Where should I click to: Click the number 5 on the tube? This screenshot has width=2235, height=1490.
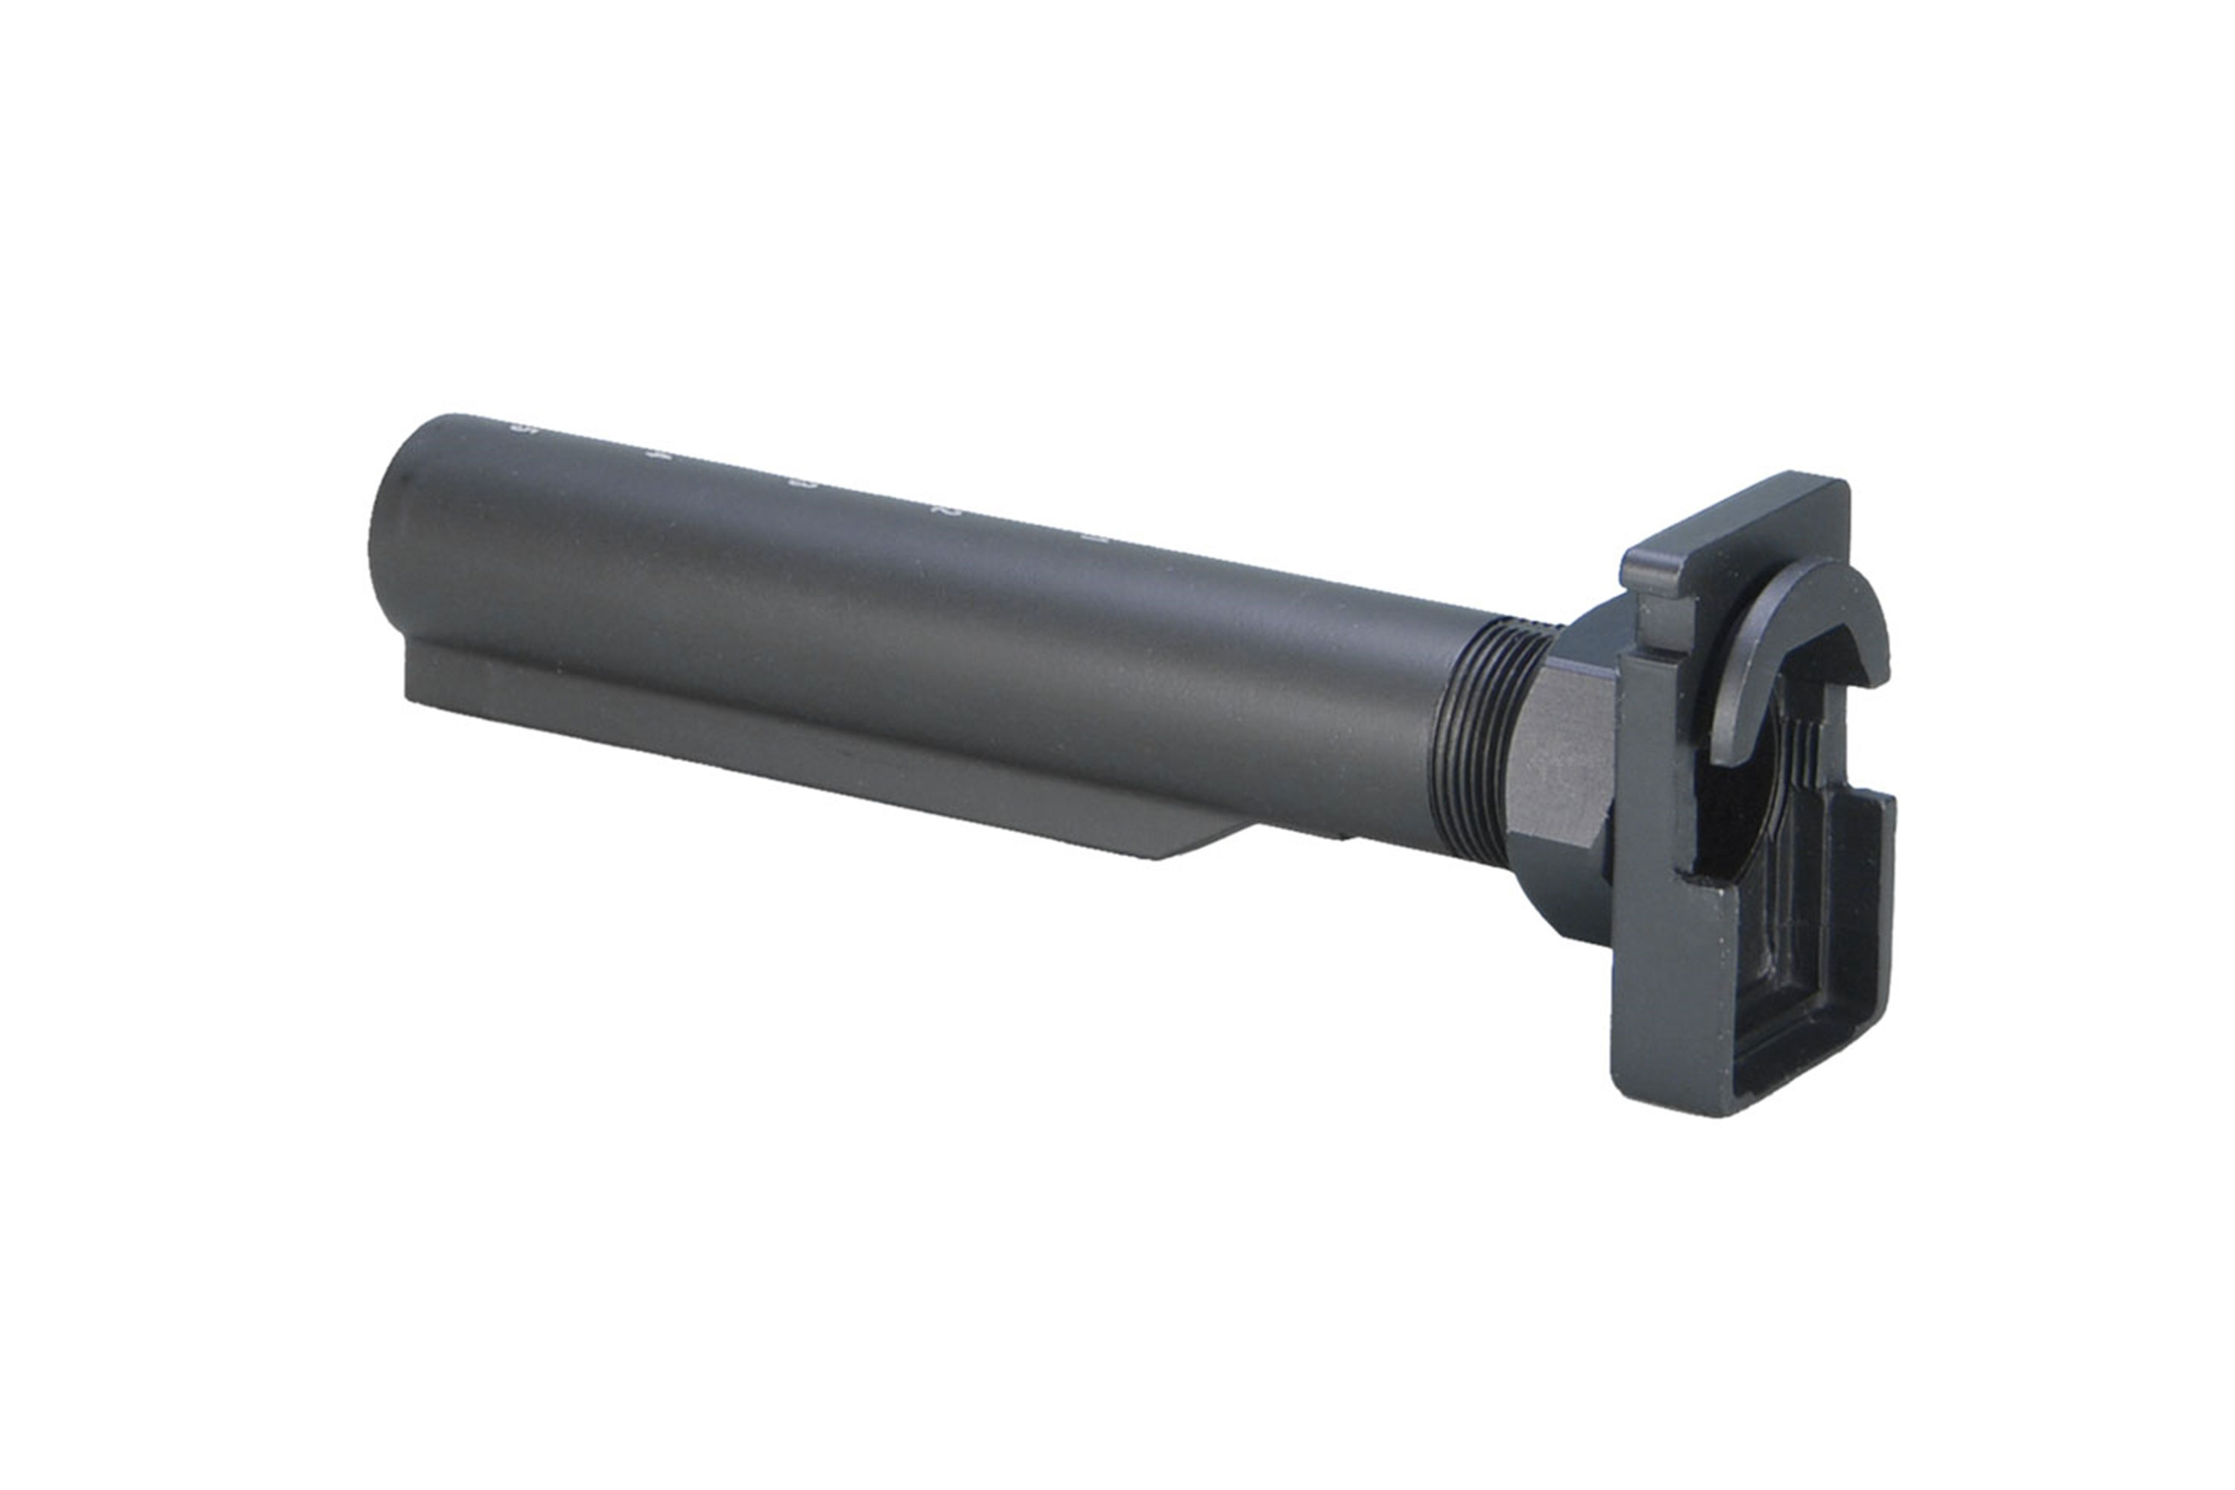518,428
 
